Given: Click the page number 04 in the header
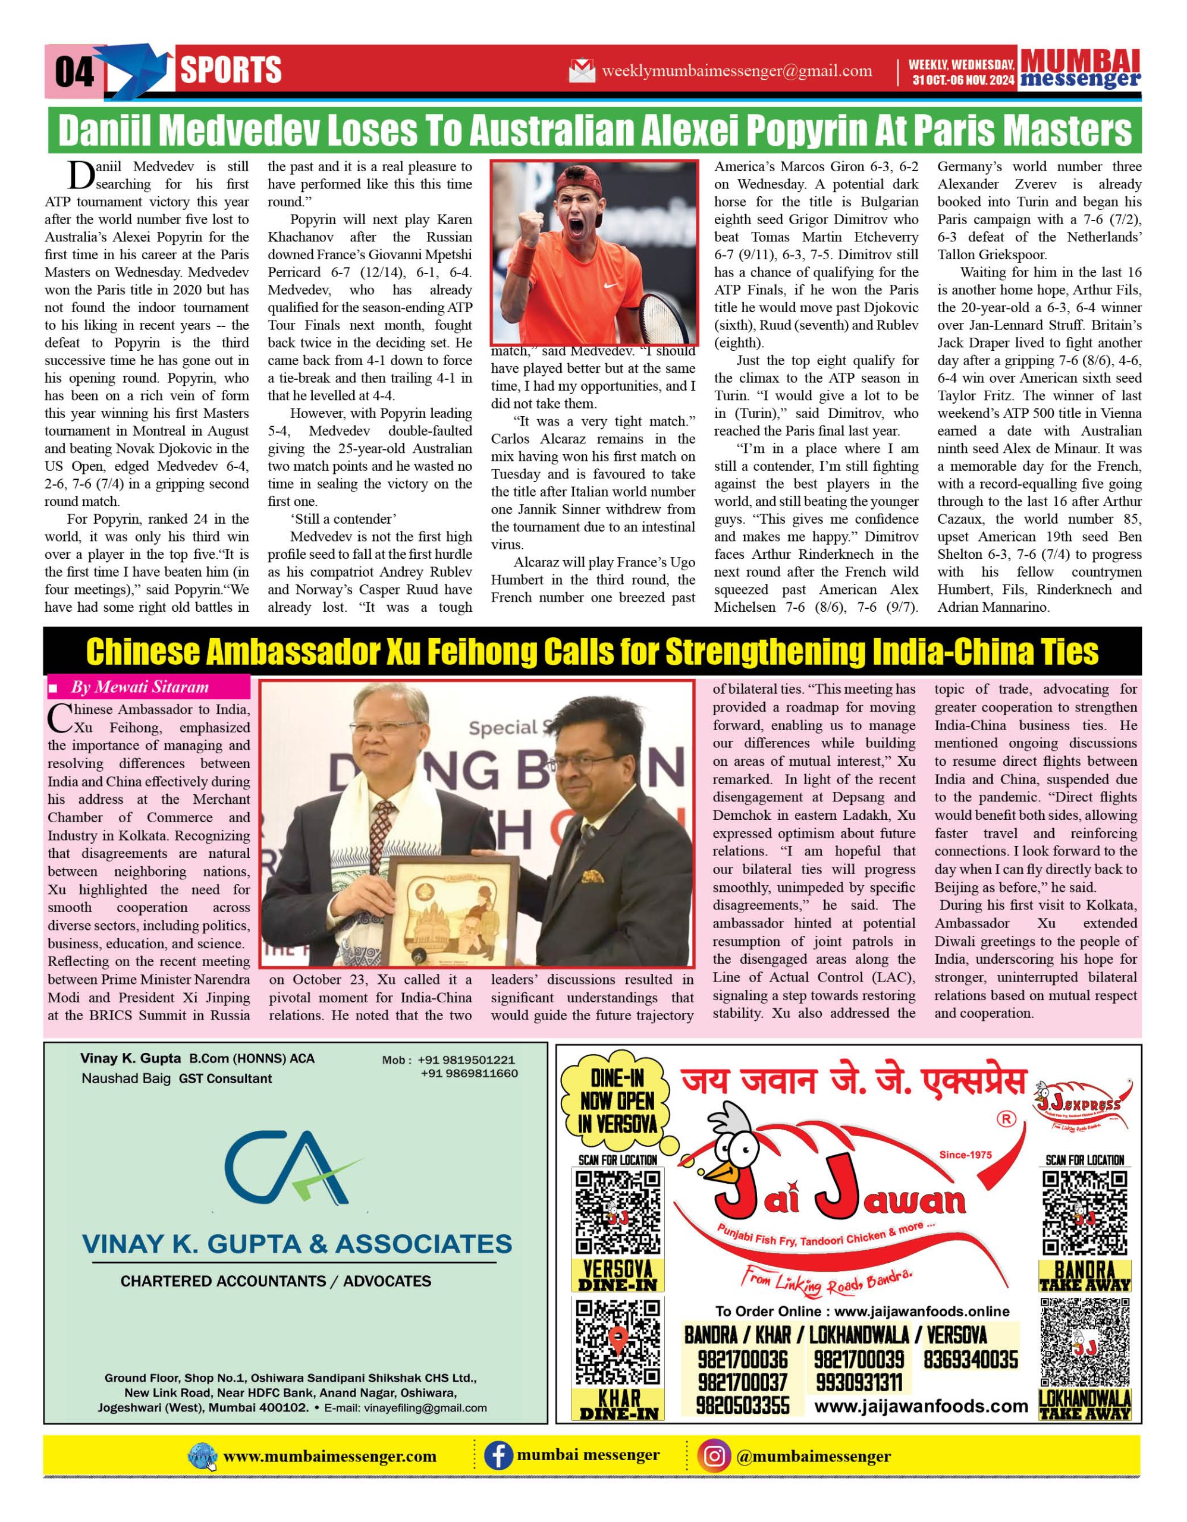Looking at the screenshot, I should click(74, 72).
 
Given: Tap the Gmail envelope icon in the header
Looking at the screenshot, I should click(582, 71).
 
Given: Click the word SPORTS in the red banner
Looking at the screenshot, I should click(231, 70).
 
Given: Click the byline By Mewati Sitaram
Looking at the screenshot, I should click(139, 687).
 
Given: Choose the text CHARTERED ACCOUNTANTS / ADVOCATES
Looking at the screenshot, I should click(276, 1281).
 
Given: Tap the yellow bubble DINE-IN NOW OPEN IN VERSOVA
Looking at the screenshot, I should click(617, 1102).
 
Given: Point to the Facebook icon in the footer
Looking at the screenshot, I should click(498, 1457).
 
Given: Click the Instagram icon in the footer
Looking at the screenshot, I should click(714, 1457).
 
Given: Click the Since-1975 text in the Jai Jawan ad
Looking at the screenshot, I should click(965, 1155).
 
